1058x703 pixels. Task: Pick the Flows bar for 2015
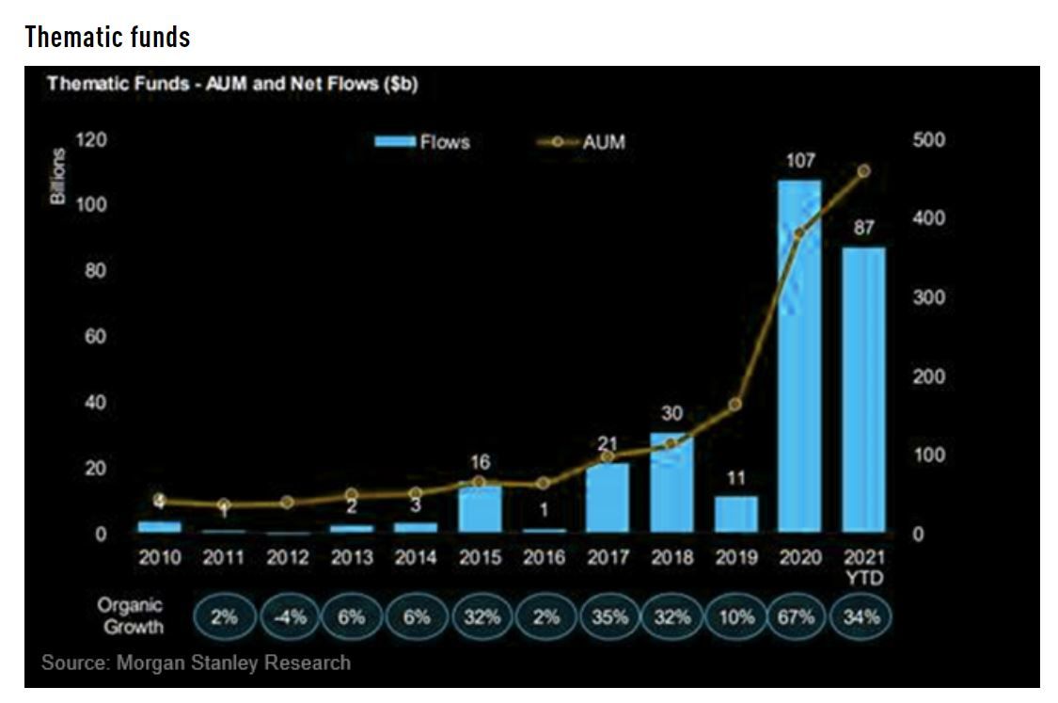pyautogui.click(x=480, y=508)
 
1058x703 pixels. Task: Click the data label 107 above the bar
pyautogui.click(x=799, y=162)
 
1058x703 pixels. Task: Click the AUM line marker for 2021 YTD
pyautogui.click(x=863, y=171)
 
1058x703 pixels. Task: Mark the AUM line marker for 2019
pyautogui.click(x=735, y=405)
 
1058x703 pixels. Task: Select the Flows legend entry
pyautogui.click(x=423, y=142)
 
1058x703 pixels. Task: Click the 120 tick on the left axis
pyautogui.click(x=97, y=140)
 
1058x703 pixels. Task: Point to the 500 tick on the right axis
pyautogui.click(x=929, y=140)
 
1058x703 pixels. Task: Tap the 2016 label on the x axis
pyautogui.click(x=544, y=557)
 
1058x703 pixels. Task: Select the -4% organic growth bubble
pyautogui.click(x=288, y=617)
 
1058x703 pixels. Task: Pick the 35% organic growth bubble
pyautogui.click(x=608, y=617)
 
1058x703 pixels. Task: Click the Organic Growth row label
pyautogui.click(x=130, y=615)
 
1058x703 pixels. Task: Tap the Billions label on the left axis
pyautogui.click(x=58, y=177)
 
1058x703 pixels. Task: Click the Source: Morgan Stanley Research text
pyautogui.click(x=196, y=663)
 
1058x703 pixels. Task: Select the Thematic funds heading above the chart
pyautogui.click(x=107, y=37)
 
